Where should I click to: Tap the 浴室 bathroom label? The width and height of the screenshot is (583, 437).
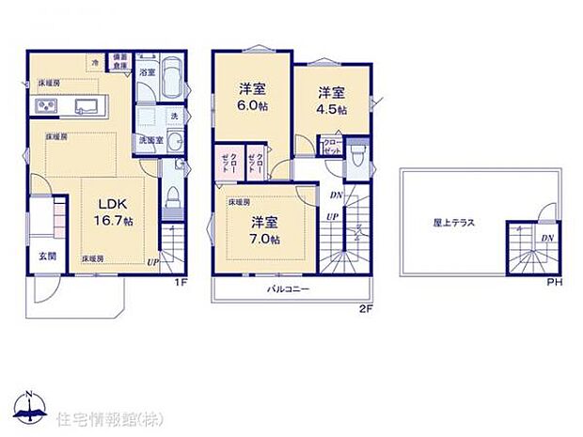pyautogui.click(x=147, y=71)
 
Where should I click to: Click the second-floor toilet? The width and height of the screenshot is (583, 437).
pyautogui.click(x=355, y=154)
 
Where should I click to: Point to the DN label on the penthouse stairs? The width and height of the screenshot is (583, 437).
pyautogui.click(x=546, y=239)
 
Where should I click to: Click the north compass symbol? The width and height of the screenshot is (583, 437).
pyautogui.click(x=31, y=405)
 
